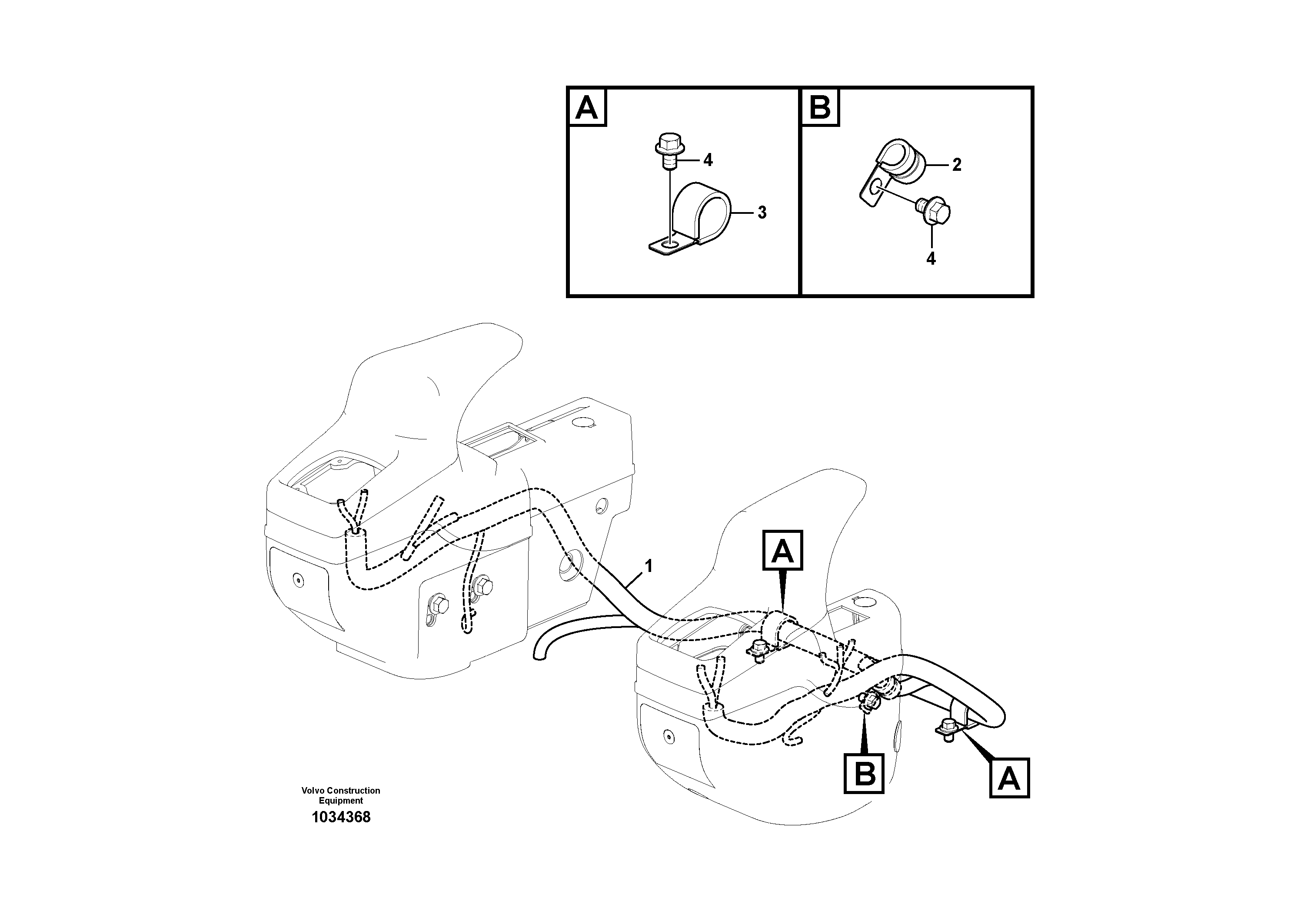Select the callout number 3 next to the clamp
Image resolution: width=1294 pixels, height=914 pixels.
(x=762, y=213)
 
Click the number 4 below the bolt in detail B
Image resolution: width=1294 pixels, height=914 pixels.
(x=931, y=259)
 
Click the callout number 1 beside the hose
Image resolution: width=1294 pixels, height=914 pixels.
(x=649, y=566)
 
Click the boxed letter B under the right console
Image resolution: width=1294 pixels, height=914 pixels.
(x=864, y=774)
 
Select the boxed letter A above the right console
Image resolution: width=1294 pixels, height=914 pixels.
(x=782, y=551)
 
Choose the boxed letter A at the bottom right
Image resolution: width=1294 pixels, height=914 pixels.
(x=1009, y=779)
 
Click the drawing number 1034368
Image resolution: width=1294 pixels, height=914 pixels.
(x=341, y=817)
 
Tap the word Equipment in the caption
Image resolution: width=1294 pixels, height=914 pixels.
(x=340, y=801)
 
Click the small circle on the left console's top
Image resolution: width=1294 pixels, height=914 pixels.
(x=583, y=422)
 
